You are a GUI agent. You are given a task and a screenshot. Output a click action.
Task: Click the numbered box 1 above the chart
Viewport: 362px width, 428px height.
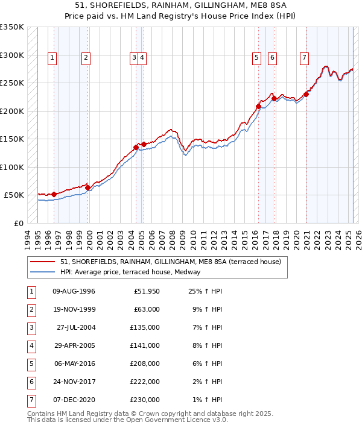pyautogui.click(x=53, y=58)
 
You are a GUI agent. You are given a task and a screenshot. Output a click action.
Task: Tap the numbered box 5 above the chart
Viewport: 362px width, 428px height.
pyautogui.click(x=256, y=58)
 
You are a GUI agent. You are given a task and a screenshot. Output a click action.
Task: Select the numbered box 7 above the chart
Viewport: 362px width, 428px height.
pyautogui.click(x=303, y=58)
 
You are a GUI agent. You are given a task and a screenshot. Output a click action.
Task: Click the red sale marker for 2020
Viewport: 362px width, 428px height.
pyautogui.click(x=306, y=94)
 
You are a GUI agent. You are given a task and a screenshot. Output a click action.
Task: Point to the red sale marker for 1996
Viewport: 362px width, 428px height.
pyautogui.click(x=54, y=194)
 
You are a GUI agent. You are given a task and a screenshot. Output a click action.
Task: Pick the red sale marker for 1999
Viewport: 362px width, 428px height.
pyautogui.click(x=87, y=187)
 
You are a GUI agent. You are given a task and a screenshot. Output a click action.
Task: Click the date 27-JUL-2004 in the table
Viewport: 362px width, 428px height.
pyautogui.click(x=75, y=328)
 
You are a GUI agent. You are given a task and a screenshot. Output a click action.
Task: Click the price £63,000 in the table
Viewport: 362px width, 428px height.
pyautogui.click(x=147, y=310)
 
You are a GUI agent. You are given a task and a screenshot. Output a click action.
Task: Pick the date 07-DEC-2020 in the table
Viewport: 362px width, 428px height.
pyautogui.click(x=74, y=400)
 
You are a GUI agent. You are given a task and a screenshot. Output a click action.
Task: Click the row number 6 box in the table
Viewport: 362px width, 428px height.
pyautogui.click(x=30, y=382)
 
